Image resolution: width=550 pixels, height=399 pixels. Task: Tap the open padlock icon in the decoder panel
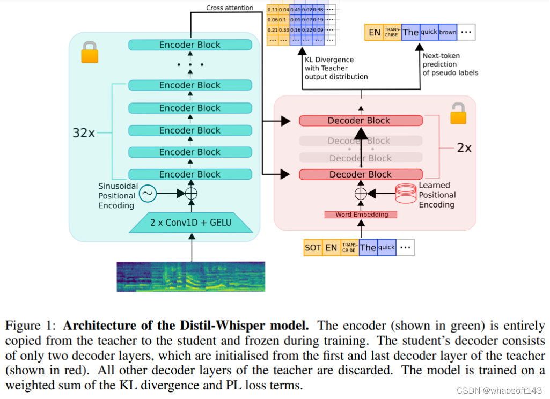coord(457,114)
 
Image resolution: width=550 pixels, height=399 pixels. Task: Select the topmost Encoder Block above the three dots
coord(190,45)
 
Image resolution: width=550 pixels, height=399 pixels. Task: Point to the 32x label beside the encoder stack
coord(84,132)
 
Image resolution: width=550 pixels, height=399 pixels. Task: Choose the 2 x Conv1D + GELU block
coord(190,221)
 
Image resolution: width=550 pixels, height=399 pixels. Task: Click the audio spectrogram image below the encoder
coord(190,277)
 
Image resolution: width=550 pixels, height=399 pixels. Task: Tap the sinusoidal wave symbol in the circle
coord(147,193)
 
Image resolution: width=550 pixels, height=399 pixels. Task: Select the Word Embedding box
coord(361,215)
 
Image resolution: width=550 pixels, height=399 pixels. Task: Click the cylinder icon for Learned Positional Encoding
coord(405,194)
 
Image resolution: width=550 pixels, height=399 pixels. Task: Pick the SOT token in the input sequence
coord(313,247)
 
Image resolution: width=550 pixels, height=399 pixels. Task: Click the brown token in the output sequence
coord(448,32)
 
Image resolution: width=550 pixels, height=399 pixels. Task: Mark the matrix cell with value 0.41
coord(296,10)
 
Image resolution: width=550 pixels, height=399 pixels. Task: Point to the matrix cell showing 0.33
coord(284,30)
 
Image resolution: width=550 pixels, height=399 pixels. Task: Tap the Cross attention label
coord(230,8)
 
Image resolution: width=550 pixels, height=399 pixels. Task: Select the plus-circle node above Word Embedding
coord(361,194)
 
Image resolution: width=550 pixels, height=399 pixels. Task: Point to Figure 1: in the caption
coord(32,326)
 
